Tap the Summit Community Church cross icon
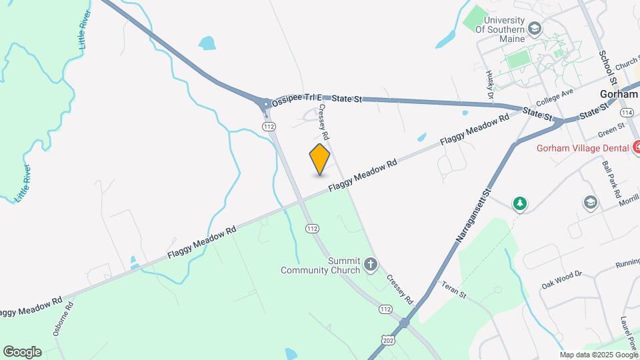click(371, 266)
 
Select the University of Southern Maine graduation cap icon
click(534, 29)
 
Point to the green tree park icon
click(520, 203)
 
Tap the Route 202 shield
click(387, 341)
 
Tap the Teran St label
click(456, 290)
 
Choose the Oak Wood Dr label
click(561, 279)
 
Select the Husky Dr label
click(490, 85)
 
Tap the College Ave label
click(554, 97)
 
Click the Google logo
click(22, 351)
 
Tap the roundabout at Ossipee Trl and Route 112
click(266, 104)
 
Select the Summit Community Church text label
click(320, 265)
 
